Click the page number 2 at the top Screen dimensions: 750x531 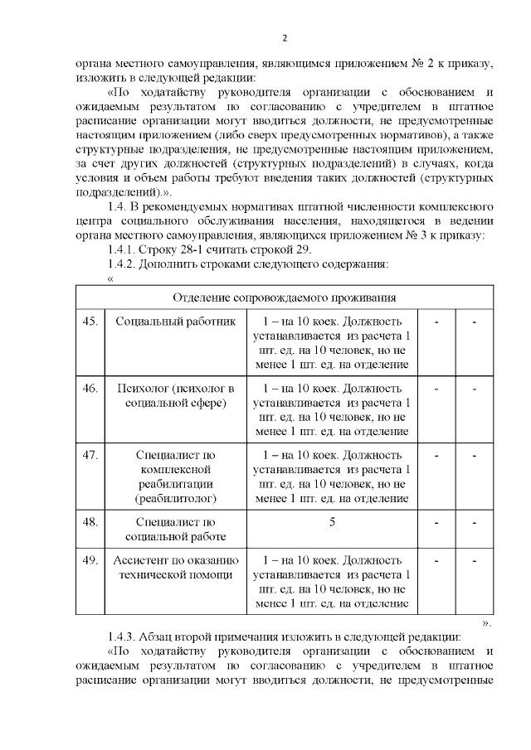(x=285, y=38)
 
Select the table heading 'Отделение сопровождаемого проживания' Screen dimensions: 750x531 (x=284, y=298)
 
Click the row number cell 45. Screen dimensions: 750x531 (x=90, y=321)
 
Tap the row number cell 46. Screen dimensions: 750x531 (x=90, y=388)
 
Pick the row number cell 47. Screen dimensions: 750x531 (x=90, y=455)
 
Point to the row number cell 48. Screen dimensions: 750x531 (x=90, y=522)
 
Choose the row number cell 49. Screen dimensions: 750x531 (x=90, y=560)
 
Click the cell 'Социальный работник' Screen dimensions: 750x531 (x=175, y=321)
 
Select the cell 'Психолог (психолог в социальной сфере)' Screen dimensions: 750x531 (x=175, y=395)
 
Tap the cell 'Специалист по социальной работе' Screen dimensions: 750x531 (x=175, y=530)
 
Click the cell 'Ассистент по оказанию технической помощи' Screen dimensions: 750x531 (x=175, y=568)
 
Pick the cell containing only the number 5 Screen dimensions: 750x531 (x=332, y=522)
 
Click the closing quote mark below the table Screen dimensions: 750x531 (x=486, y=622)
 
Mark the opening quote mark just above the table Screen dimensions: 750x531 (x=110, y=278)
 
